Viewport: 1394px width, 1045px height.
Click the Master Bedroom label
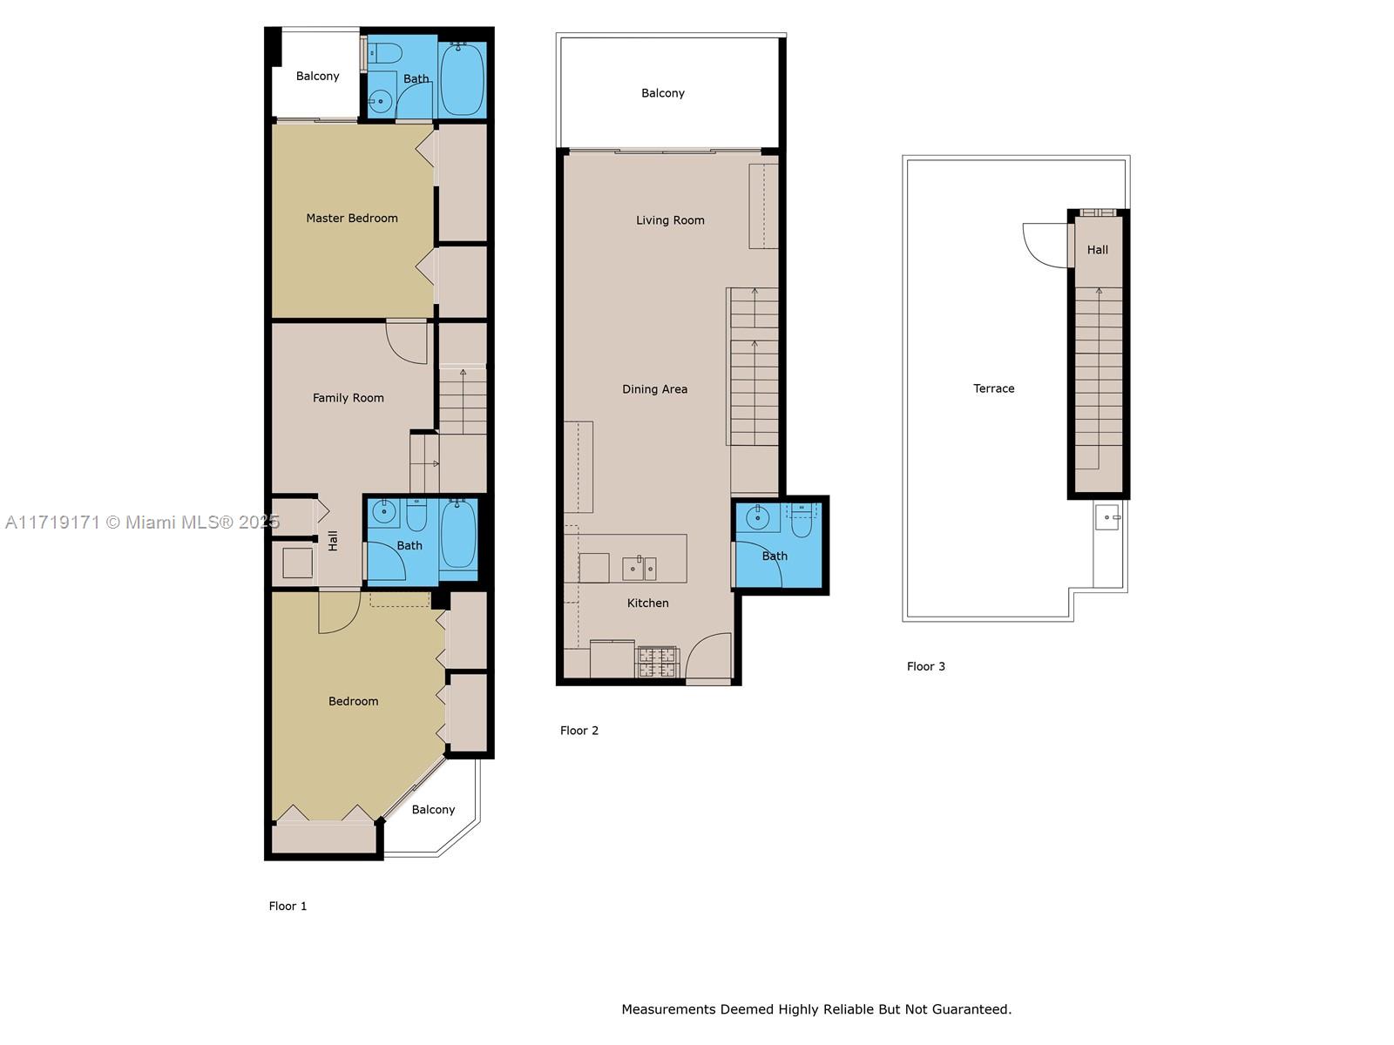352,219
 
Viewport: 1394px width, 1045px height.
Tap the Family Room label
348,398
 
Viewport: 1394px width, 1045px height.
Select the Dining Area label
655,389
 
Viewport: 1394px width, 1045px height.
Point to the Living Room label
670,220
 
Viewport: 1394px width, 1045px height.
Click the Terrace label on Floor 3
993,388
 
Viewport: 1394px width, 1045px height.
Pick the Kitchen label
648,603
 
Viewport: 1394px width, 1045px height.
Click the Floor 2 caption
579,731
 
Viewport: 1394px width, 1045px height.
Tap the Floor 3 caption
925,666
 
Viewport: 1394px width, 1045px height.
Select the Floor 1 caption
287,906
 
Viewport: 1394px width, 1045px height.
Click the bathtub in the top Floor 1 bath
462,79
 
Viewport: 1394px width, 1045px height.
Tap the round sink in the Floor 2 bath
758,518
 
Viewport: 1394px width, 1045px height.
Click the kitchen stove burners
657,662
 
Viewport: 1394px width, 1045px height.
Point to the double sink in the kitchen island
639,568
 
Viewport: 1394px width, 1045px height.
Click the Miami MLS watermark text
142,522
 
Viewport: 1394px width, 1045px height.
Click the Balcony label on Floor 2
662,93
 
